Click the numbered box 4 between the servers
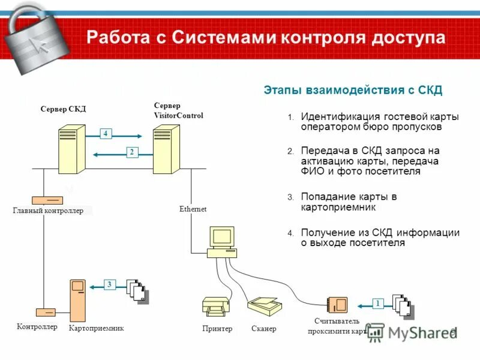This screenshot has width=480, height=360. (105, 134)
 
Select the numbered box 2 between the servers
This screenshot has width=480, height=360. (131, 152)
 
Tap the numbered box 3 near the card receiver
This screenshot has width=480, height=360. (110, 284)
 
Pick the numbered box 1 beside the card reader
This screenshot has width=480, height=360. (378, 304)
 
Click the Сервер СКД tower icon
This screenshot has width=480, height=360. (71, 149)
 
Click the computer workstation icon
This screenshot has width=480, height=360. (220, 242)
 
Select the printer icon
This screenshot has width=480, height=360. (215, 307)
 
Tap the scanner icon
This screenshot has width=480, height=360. (263, 307)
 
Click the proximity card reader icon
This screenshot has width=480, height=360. (337, 304)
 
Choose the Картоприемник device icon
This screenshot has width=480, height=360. (79, 301)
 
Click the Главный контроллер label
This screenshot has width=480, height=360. (48, 211)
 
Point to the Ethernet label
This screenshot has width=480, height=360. (193, 209)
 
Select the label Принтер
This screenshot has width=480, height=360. (217, 329)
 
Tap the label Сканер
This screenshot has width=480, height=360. (264, 329)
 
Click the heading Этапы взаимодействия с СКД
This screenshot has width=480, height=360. (353, 91)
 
